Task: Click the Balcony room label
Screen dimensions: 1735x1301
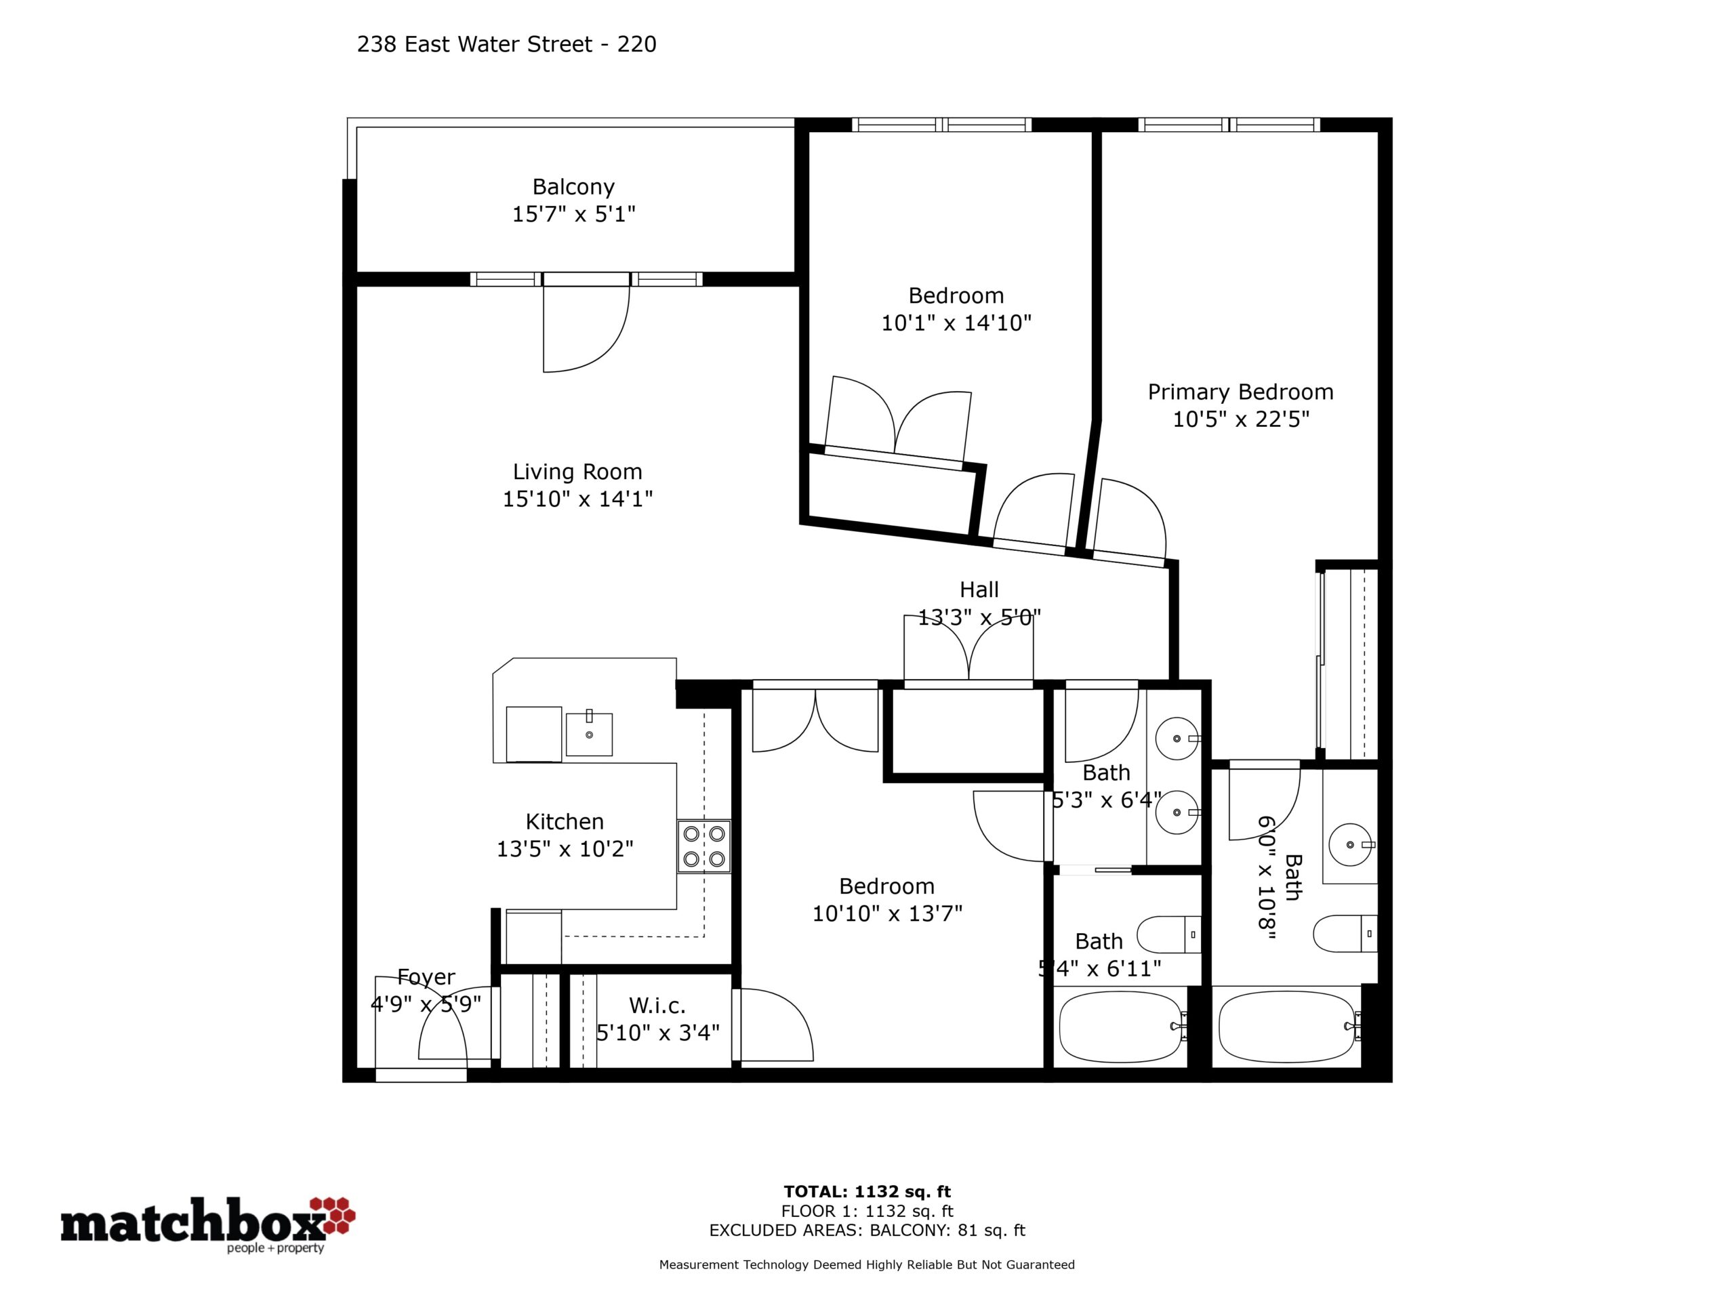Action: tap(573, 186)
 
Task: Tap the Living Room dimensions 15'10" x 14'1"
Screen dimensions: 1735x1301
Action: tap(578, 499)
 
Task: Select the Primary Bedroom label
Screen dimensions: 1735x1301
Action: tap(1240, 392)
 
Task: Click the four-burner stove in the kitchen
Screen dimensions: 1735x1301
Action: tap(703, 846)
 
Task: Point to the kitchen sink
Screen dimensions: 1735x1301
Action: tap(589, 734)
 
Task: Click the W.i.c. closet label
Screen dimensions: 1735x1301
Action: tap(657, 1006)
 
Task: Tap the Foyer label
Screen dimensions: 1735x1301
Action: tap(426, 977)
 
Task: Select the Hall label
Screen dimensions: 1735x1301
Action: tap(979, 589)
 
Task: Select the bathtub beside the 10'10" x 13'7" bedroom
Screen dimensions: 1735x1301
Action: tap(1121, 1027)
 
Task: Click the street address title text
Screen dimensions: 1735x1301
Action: tap(507, 45)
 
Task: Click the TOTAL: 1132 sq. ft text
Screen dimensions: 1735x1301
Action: tap(867, 1193)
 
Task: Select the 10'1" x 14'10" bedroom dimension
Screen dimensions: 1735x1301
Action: tap(956, 323)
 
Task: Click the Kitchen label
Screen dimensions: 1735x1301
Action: tap(565, 822)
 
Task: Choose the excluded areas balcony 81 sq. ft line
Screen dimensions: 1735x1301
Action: tap(867, 1231)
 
